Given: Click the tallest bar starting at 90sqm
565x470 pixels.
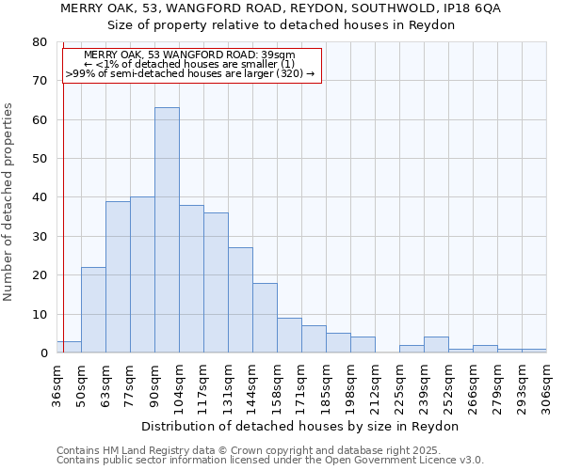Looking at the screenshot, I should point(167,230).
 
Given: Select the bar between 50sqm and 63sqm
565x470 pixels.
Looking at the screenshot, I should point(93,310).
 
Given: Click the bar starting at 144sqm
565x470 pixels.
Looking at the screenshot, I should point(265,318).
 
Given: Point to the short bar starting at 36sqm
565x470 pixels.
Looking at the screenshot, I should point(69,347).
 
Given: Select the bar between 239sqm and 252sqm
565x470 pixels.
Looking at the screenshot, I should point(436,345).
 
